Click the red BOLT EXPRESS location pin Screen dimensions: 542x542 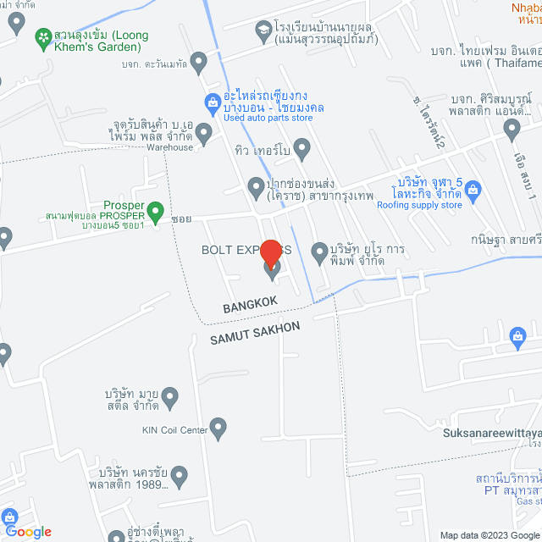coord(271,255)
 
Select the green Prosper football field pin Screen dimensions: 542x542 coord(155,209)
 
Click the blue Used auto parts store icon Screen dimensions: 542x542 coord(213,102)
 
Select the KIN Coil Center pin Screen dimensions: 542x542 coord(219,429)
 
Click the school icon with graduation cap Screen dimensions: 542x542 coord(263,30)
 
